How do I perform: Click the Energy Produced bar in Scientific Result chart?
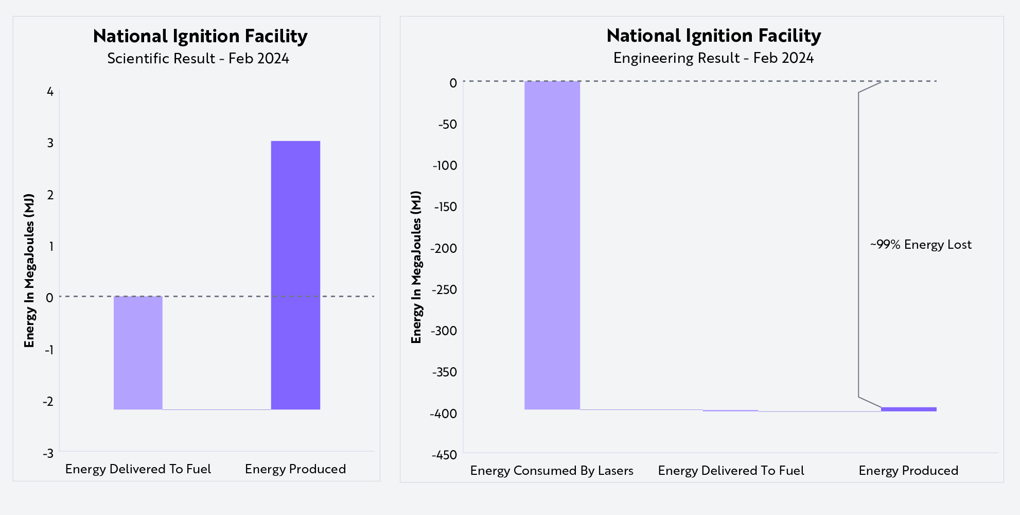[295, 275]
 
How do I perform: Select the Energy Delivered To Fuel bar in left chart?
[138, 353]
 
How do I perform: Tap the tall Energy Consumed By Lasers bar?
[552, 245]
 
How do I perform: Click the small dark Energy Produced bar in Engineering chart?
[908, 409]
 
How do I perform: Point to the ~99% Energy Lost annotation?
[920, 245]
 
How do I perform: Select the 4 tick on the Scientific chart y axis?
[50, 92]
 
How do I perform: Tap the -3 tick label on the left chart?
[48, 454]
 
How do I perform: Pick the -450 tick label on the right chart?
[445, 455]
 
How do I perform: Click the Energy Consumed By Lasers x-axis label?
[551, 471]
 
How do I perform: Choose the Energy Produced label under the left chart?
[295, 469]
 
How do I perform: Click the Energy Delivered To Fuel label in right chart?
[731, 471]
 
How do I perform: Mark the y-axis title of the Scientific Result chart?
[29, 270]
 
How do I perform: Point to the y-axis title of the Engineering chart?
[416, 267]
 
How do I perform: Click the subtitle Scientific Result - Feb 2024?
[198, 59]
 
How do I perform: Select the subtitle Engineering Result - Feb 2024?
[713, 58]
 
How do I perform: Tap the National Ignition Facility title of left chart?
[200, 36]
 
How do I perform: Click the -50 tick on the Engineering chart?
[447, 124]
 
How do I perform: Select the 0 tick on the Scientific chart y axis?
[49, 298]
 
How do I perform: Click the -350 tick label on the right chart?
[445, 372]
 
